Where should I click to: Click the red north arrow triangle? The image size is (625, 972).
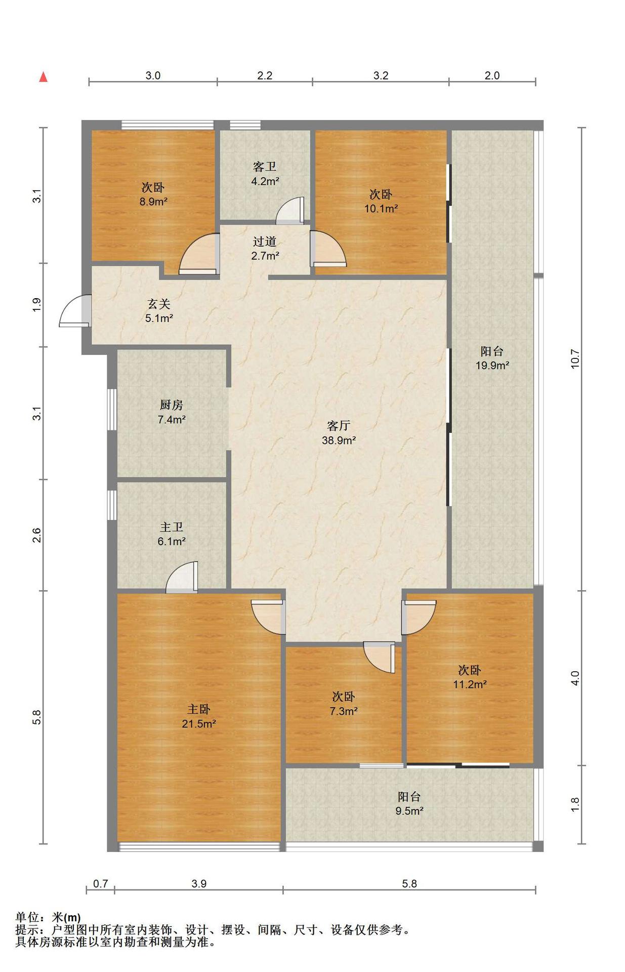(x=44, y=77)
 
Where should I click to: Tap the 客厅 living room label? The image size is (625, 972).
(x=339, y=426)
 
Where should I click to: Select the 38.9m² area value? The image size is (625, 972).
(x=339, y=440)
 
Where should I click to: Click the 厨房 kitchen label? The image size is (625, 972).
(x=171, y=405)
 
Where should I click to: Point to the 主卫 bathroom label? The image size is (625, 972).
(x=171, y=528)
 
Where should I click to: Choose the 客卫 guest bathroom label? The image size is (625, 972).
(x=265, y=167)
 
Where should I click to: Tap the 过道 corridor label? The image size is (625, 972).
(x=265, y=241)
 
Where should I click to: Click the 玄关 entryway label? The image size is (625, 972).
(x=159, y=304)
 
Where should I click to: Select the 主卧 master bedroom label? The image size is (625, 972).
(x=198, y=709)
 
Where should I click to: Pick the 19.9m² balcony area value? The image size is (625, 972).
(x=492, y=366)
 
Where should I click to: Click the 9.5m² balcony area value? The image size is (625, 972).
(x=409, y=811)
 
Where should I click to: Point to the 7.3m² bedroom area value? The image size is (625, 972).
(x=344, y=711)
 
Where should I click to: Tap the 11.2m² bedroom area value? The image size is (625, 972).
(x=470, y=684)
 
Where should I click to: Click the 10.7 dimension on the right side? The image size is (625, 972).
(x=575, y=359)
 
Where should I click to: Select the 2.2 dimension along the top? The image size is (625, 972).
(x=265, y=76)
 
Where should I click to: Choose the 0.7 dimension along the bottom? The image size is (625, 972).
(x=101, y=884)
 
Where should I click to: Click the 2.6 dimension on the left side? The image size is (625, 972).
(x=36, y=535)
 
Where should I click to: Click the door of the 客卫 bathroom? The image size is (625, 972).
(x=290, y=210)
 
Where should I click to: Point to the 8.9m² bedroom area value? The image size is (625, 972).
(x=153, y=201)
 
